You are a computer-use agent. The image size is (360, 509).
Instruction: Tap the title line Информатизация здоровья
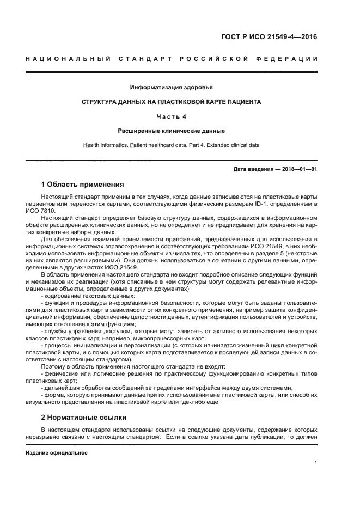172,87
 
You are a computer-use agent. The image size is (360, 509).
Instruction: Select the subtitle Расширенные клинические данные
172,131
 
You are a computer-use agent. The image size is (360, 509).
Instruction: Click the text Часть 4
172,116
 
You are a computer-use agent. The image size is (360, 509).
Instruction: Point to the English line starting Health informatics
172,145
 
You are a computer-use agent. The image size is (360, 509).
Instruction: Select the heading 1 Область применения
83,184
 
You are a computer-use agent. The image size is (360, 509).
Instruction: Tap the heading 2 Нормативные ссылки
84,418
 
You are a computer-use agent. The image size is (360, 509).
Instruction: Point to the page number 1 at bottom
315,463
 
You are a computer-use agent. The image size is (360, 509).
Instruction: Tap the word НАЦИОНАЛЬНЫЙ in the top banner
68,59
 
